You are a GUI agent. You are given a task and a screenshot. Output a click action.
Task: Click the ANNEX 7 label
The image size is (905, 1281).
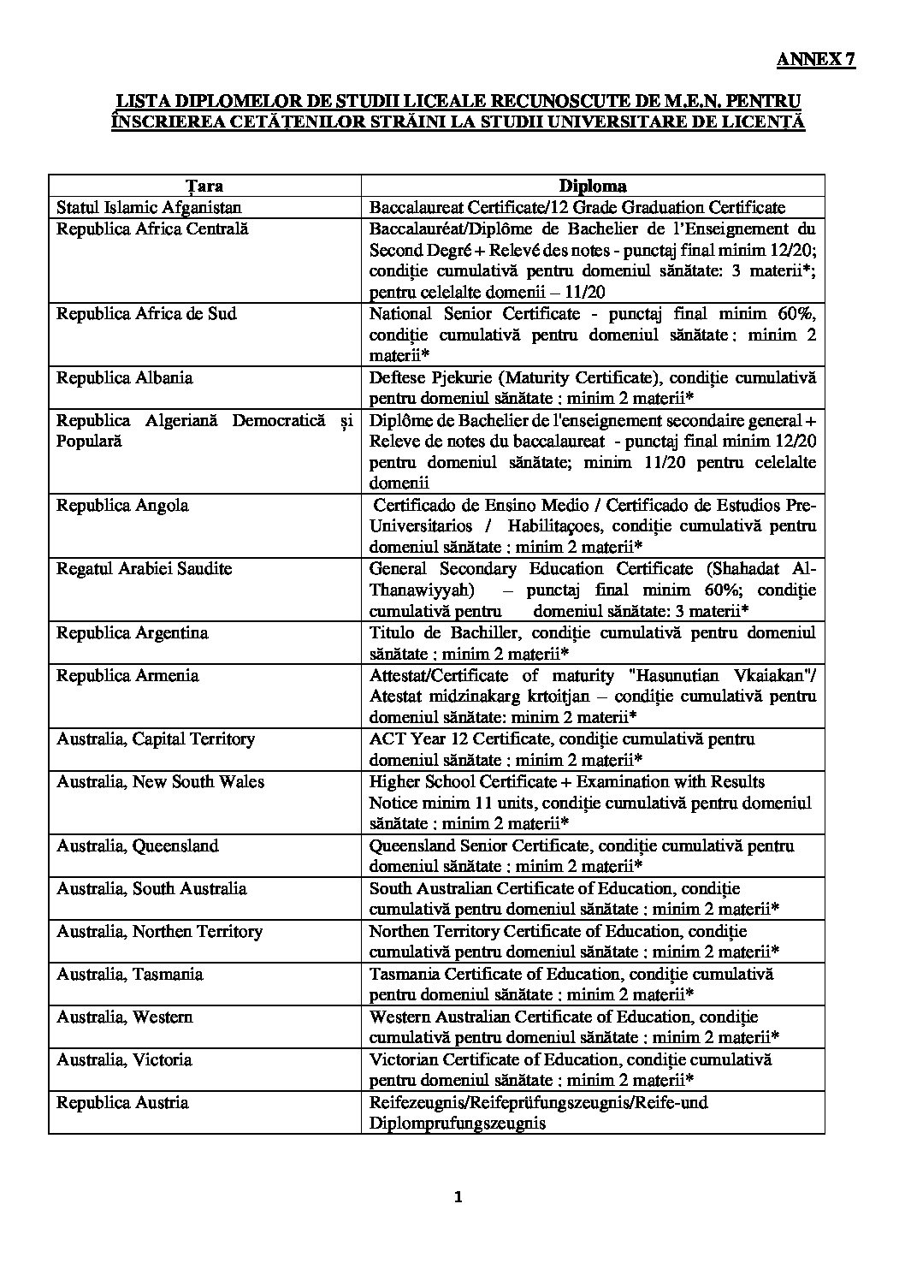[815, 60]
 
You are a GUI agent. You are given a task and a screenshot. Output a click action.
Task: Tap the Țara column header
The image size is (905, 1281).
[204, 186]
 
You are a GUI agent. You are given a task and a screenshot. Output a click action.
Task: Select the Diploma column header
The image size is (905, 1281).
[593, 186]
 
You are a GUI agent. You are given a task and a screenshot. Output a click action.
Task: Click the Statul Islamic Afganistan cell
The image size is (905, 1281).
[149, 207]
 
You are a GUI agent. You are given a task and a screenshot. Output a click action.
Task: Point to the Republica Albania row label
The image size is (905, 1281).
[124, 377]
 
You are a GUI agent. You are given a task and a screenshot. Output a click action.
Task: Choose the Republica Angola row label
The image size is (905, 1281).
[122, 505]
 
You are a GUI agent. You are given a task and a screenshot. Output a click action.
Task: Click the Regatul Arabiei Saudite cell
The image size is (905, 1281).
[144, 568]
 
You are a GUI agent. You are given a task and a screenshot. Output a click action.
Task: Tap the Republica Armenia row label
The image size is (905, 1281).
[128, 675]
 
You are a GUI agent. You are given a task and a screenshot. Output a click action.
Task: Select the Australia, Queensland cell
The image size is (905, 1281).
[137, 845]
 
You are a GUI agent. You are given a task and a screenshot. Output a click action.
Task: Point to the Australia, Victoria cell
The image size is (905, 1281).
[124, 1059]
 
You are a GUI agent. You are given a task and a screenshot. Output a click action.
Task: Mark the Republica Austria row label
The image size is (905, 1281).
[122, 1102]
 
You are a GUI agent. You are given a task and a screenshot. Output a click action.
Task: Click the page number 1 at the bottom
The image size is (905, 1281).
[458, 1197]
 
